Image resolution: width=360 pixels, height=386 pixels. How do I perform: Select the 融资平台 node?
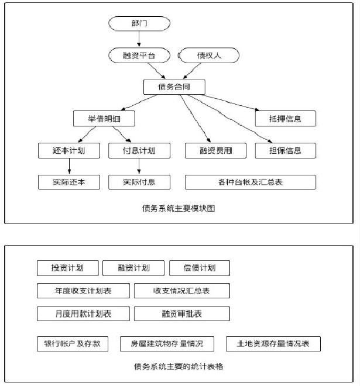coord(139,56)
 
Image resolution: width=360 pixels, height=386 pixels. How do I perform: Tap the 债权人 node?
coord(208,56)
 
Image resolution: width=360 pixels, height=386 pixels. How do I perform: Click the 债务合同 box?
coord(174,87)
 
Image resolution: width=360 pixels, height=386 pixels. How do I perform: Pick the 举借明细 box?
coord(104,119)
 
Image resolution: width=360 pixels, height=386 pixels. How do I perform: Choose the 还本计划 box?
coord(68,150)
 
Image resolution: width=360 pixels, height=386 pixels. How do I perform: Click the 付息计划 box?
coord(139,150)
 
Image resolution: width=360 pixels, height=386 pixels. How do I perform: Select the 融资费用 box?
coord(209,150)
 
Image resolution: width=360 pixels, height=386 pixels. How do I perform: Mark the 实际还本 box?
coord(68,182)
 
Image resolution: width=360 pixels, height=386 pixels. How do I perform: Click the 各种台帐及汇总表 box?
coord(251,182)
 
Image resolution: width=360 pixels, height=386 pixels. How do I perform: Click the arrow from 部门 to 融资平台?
coord(139,40)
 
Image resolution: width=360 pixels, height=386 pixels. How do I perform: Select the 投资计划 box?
coord(67,268)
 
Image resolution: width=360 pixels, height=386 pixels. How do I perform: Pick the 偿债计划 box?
coord(200,268)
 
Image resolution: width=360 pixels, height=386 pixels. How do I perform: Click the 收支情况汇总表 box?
coord(182,291)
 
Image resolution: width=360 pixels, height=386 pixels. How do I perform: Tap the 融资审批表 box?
coord(182,313)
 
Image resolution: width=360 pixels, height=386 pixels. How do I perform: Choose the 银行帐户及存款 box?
coord(72,343)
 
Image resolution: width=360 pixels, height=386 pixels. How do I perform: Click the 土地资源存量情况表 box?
coord(275,343)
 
